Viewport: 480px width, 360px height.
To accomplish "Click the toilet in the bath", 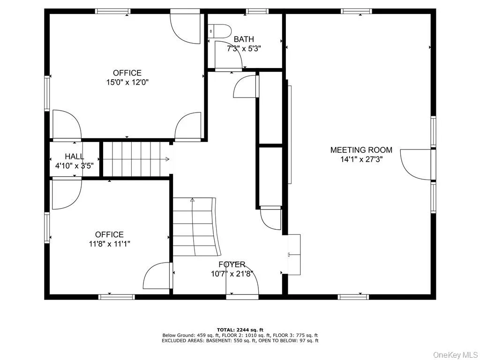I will click(x=219, y=31).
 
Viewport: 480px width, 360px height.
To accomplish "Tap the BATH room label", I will click(x=244, y=39).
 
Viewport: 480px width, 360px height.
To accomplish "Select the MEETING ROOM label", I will click(x=361, y=150).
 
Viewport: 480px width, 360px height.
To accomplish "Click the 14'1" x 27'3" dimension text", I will click(x=361, y=159).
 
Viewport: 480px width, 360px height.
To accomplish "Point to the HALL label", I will click(x=75, y=157).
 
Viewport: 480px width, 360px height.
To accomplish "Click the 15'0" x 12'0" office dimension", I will click(x=127, y=82).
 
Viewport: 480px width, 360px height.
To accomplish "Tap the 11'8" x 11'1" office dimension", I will click(x=109, y=244).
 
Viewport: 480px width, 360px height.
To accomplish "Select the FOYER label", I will click(x=232, y=265).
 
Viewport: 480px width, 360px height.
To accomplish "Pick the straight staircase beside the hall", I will click(x=135, y=159).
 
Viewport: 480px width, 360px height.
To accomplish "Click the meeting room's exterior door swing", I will click(x=415, y=164).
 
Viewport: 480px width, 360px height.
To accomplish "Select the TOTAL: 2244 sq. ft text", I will click(x=240, y=330).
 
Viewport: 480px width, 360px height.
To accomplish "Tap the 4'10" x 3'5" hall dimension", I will click(x=75, y=165).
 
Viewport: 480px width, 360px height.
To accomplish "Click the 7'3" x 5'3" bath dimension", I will click(x=244, y=48).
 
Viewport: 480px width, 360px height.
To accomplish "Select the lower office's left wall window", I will click(x=47, y=228).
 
